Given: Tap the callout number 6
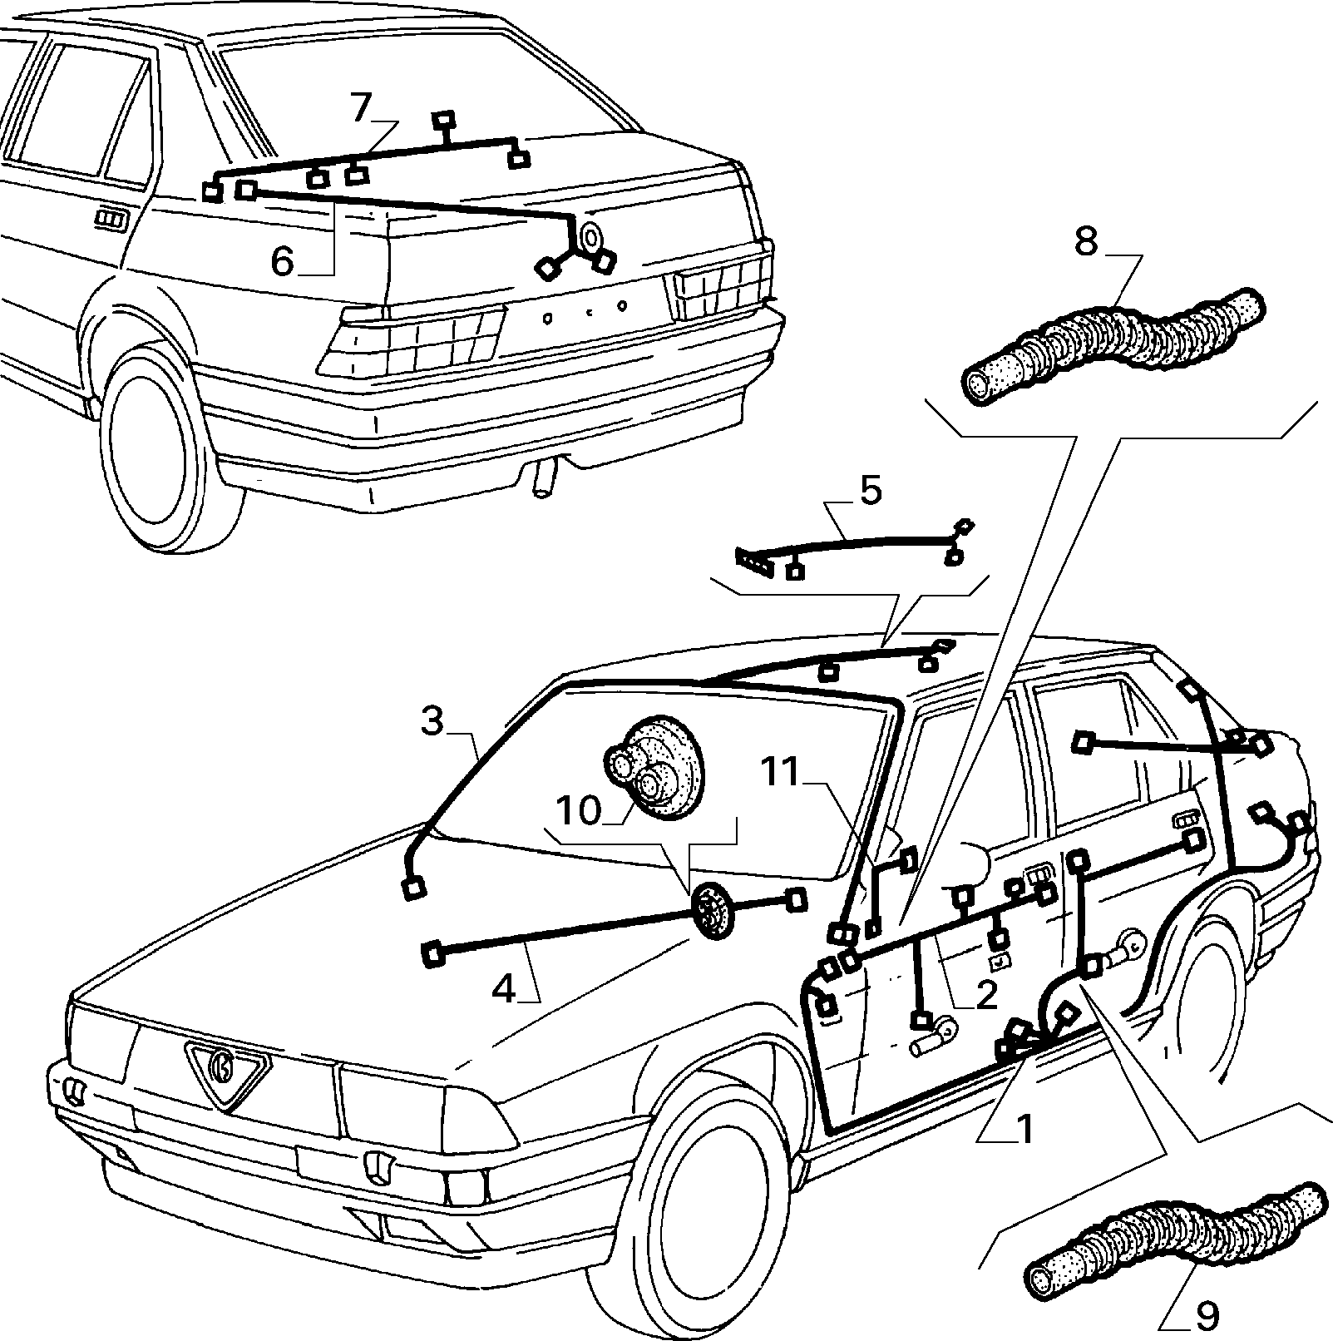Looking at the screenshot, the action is (x=283, y=262).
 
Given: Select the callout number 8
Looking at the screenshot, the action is (x=1086, y=241).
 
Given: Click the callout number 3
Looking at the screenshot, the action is (x=432, y=722).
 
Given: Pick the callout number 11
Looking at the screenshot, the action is (x=782, y=774).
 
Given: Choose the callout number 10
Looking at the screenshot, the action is (x=579, y=809).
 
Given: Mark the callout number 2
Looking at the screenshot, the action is (x=986, y=995).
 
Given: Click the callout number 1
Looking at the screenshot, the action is (x=1024, y=1129).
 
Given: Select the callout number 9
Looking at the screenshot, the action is (x=1207, y=1315).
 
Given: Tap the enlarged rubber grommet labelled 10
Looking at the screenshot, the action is (x=653, y=760).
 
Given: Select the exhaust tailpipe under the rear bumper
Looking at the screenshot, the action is (x=543, y=480).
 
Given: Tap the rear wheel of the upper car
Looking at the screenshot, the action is (x=160, y=448).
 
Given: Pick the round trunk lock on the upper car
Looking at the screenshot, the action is (x=591, y=237).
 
